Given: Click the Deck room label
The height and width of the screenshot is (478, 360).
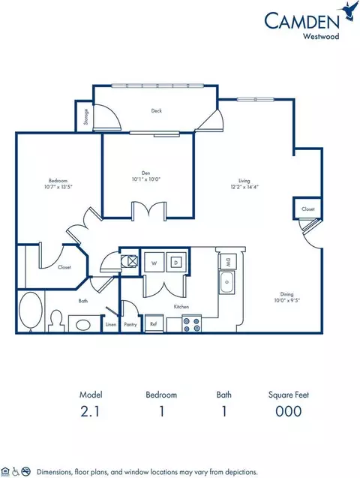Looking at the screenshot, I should (156, 110).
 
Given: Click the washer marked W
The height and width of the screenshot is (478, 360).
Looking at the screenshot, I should (154, 263).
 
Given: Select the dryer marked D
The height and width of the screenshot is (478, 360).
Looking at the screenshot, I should (176, 263).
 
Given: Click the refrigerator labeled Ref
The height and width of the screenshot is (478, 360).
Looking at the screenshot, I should (154, 325).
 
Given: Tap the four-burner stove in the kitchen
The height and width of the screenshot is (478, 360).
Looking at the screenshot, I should (189, 324).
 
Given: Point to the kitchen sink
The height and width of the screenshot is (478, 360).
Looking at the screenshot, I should (226, 284).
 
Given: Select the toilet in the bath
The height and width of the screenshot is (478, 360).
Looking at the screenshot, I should (55, 320).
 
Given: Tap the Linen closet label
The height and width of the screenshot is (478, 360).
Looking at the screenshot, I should (110, 325).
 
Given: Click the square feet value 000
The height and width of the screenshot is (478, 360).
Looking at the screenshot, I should (287, 410).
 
